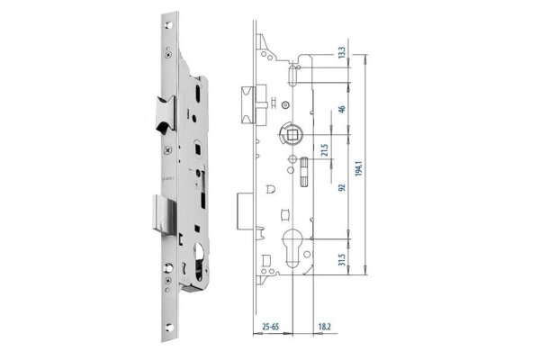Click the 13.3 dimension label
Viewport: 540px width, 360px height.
point(342,52)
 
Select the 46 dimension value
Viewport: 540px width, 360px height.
point(342,109)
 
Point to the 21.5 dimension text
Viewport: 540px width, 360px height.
point(324,149)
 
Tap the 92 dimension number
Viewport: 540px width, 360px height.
point(342,187)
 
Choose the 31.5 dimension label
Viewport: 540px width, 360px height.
point(342,259)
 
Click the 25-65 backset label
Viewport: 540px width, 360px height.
point(271,327)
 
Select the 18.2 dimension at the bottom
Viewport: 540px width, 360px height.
point(324,327)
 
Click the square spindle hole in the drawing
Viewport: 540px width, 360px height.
point(292,134)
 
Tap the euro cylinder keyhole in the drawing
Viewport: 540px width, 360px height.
point(292,247)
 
